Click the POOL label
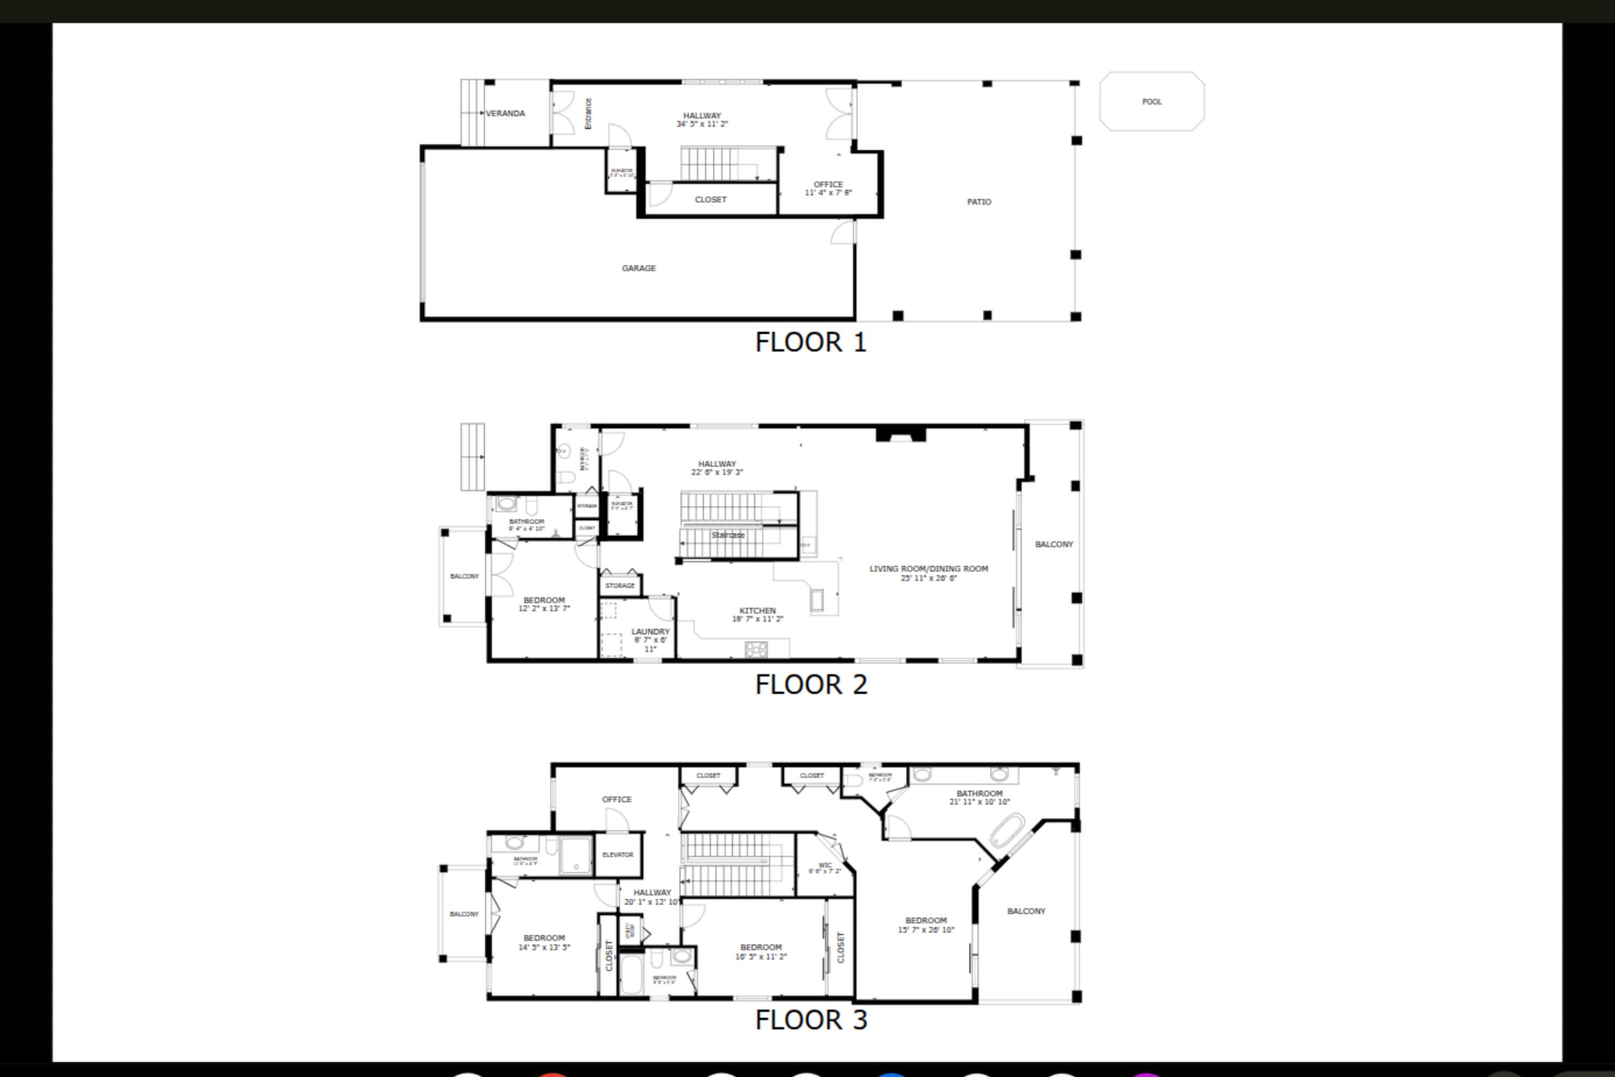coord(1151,102)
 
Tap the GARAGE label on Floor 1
coord(638,268)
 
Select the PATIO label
coord(979,202)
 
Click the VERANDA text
coord(505,113)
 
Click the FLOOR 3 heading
coord(811,1020)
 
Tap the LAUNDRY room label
coord(650,632)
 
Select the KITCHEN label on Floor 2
coord(757,611)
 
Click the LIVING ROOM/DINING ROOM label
coord(928,569)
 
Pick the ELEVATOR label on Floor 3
coord(617,855)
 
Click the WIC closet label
coord(825,865)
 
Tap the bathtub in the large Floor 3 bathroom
coord(1007,830)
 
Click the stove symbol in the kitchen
coord(756,649)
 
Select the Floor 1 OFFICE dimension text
coord(828,193)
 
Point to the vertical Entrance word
coord(588,113)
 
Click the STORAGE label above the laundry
coord(620,586)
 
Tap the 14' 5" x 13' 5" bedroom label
coord(544,942)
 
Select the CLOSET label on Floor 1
coord(710,200)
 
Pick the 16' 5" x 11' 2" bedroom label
coord(761,952)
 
